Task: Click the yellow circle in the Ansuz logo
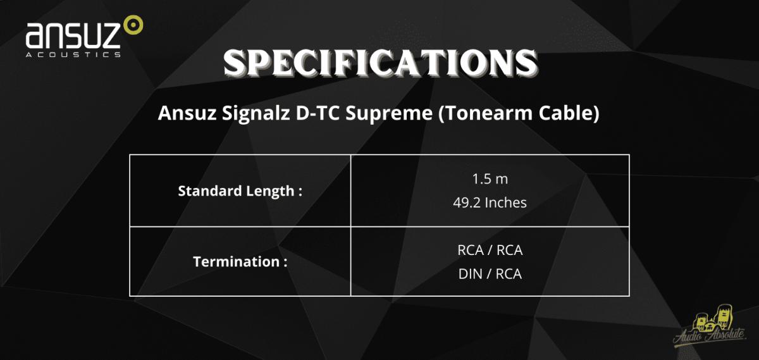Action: pos(133,25)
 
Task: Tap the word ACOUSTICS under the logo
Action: pos(73,55)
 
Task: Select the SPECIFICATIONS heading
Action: pos(380,63)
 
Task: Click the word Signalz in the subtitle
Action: pos(256,113)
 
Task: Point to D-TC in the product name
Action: pos(318,113)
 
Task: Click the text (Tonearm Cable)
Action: pos(519,113)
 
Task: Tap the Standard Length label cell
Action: pos(240,191)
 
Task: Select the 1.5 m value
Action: pos(490,179)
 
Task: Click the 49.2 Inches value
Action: pos(490,202)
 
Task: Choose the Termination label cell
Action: pos(240,261)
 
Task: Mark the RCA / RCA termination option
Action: pos(490,250)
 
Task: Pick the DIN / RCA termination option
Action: pos(490,274)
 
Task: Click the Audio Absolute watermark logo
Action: pos(710,328)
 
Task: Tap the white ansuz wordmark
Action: pos(73,35)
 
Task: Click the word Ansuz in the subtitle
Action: pos(187,113)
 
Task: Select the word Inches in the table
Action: pos(506,202)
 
